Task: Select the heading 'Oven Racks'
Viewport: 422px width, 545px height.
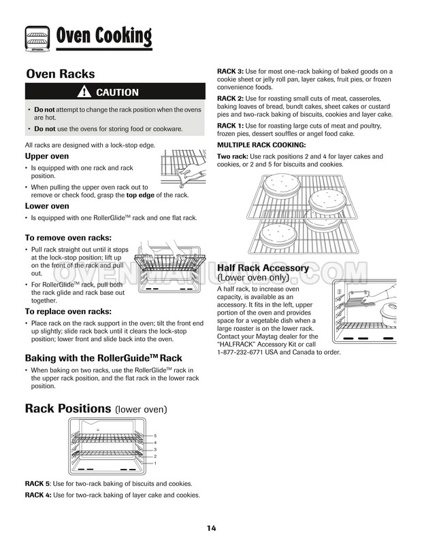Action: (x=60, y=74)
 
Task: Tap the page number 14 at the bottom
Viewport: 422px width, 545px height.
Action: (x=212, y=529)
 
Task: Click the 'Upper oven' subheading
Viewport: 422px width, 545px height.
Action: (x=47, y=156)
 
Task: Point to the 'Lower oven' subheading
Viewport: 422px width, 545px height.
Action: (x=47, y=206)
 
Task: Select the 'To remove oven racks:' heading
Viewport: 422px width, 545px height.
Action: (x=68, y=238)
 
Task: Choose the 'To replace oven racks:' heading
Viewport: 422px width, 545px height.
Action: (x=69, y=311)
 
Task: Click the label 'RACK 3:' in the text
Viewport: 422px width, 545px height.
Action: (x=230, y=71)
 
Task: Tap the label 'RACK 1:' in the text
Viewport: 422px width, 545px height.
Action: (x=230, y=126)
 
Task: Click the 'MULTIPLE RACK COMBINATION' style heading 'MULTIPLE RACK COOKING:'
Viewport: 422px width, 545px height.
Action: (x=261, y=145)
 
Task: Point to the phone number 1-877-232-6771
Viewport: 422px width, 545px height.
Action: (x=248, y=352)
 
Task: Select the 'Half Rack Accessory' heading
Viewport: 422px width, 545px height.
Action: (x=263, y=268)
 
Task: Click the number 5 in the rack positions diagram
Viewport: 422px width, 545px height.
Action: (x=155, y=435)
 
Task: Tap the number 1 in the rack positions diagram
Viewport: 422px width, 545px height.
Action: (x=155, y=463)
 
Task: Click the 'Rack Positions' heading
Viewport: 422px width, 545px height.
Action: (x=67, y=408)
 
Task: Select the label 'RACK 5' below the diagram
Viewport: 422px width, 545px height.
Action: (x=37, y=483)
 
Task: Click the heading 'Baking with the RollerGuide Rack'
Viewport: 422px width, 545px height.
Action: (x=103, y=357)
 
